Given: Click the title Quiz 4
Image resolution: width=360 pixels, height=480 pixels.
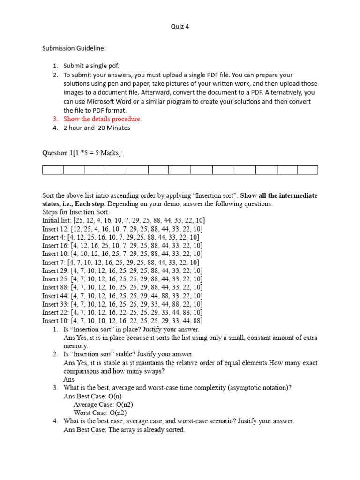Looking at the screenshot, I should (x=180, y=27).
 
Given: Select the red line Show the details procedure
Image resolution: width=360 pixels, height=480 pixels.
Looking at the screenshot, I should (x=102, y=119).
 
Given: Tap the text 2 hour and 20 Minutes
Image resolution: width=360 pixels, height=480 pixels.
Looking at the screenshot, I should (x=97, y=128).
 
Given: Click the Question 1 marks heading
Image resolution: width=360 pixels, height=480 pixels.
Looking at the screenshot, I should (x=82, y=153).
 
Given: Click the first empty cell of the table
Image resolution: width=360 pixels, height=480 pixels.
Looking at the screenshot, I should (x=52, y=170).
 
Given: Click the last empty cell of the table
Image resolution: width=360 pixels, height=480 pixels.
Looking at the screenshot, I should (x=307, y=170).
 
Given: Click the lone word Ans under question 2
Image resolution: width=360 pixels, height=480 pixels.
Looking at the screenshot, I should (x=69, y=379).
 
